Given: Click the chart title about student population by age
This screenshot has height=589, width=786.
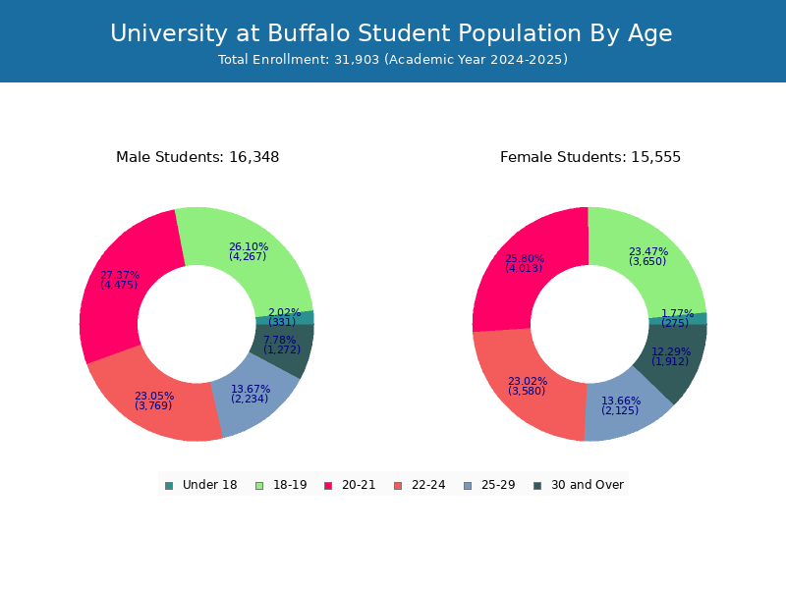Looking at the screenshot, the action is [x=391, y=33].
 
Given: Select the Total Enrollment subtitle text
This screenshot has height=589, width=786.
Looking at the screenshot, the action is [x=393, y=60].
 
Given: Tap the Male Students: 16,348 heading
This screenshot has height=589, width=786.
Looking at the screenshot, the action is [x=197, y=157].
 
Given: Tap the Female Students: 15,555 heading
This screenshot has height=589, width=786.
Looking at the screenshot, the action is [x=590, y=157].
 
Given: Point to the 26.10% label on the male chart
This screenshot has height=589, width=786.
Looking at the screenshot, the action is [x=249, y=247].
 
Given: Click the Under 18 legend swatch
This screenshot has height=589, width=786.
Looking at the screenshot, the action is [x=169, y=486].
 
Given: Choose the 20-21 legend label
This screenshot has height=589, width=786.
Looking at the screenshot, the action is [x=359, y=485].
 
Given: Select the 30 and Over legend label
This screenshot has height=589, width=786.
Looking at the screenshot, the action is [x=588, y=485].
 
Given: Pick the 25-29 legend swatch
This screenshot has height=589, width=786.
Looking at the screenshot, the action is [x=468, y=486].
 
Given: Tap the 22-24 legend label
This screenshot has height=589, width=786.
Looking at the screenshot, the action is [x=428, y=485].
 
